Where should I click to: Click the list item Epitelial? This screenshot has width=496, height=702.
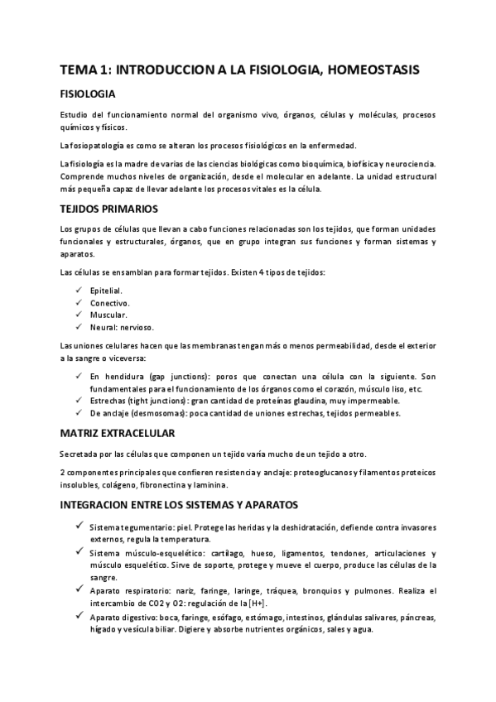click(x=106, y=291)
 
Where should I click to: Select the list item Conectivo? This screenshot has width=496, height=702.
click(x=109, y=303)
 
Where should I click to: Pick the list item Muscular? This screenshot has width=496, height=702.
click(x=108, y=315)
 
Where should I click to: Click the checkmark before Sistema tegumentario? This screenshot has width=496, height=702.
click(x=77, y=526)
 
